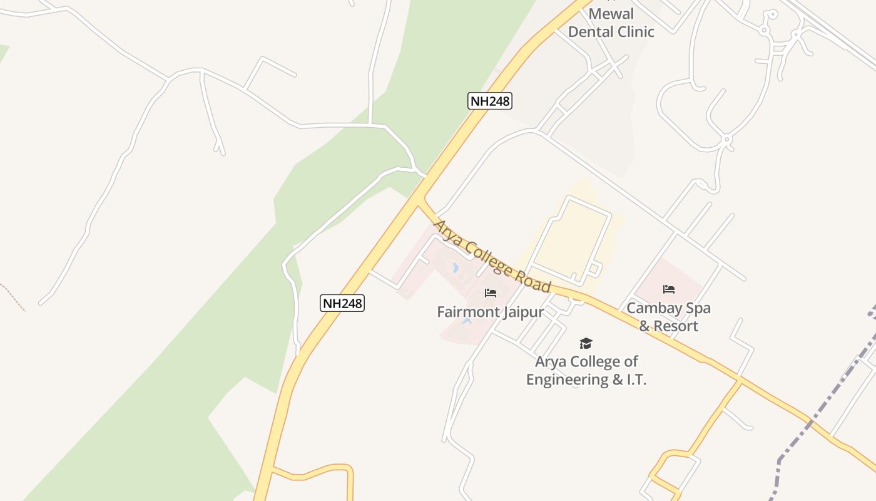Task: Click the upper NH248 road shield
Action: pos(490,100)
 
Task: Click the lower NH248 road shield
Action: pos(342,303)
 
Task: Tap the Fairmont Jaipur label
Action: pos(490,312)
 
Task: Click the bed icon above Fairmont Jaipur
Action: pos(491,293)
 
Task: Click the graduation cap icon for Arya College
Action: pos(586,343)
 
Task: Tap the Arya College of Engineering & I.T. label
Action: pos(586,370)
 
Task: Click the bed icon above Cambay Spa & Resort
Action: pos(669,289)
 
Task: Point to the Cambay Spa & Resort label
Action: pos(668,317)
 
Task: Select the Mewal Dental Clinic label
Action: pos(611,23)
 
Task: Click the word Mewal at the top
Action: pos(611,14)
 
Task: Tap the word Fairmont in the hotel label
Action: pos(466,312)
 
